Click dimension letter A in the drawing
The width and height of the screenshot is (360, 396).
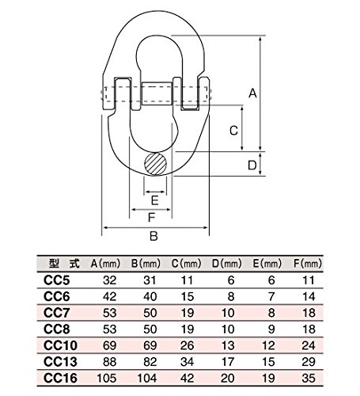tap(252, 93)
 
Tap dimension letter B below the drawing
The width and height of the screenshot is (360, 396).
tap(154, 235)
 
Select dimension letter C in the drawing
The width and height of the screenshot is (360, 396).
tap(234, 129)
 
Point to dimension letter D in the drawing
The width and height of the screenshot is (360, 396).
tap(252, 165)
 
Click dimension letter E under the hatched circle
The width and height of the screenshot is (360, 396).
tap(154, 199)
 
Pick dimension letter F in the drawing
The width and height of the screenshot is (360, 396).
tap(150, 216)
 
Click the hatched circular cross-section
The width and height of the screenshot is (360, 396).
tap(154, 166)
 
